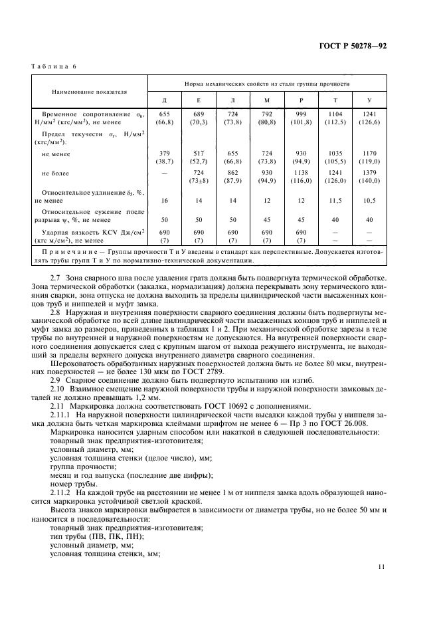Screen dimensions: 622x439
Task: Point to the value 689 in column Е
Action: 198,114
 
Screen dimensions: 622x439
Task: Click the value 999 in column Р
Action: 300,114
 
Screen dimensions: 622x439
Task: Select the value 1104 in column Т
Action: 334,114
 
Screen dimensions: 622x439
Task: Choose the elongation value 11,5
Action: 334,199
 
